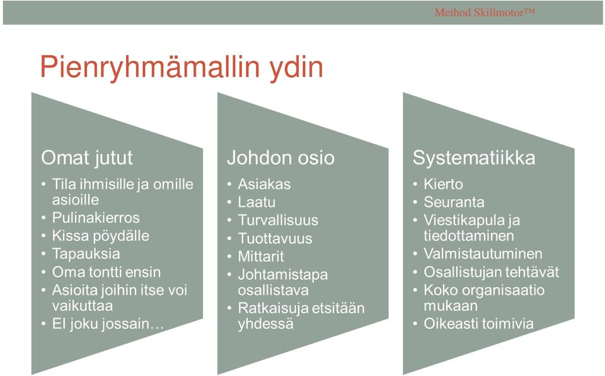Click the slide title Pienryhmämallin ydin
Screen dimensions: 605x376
pyautogui.click(x=181, y=68)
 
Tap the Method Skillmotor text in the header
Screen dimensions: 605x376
pyautogui.click(x=485, y=13)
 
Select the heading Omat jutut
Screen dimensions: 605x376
pyautogui.click(x=87, y=158)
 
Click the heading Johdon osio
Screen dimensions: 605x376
pyautogui.click(x=280, y=157)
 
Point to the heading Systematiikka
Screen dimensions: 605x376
pyautogui.click(x=474, y=158)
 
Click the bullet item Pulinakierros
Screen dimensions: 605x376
pyautogui.click(x=96, y=217)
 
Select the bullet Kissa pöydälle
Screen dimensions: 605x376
pyautogui.click(x=101, y=236)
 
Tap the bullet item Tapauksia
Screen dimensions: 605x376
pyautogui.click(x=86, y=254)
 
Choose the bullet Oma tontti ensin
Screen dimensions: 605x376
pyautogui.click(x=107, y=272)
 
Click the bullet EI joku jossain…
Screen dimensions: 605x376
pyautogui.click(x=108, y=324)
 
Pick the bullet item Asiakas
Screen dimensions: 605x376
pyautogui.click(x=264, y=184)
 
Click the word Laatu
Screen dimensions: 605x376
pyautogui.click(x=256, y=202)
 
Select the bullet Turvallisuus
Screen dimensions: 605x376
pyautogui.click(x=278, y=220)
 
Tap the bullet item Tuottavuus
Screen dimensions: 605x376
pyautogui.click(x=275, y=238)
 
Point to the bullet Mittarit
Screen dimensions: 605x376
pyautogui.click(x=261, y=256)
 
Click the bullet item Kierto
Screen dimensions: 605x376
pyautogui.click(x=443, y=184)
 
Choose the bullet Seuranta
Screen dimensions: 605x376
pyautogui.click(x=454, y=202)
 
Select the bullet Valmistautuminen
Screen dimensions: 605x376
pyautogui.click(x=483, y=254)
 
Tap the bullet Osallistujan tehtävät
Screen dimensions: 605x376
pyautogui.click(x=492, y=272)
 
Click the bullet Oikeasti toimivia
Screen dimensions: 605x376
pyautogui.click(x=479, y=324)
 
